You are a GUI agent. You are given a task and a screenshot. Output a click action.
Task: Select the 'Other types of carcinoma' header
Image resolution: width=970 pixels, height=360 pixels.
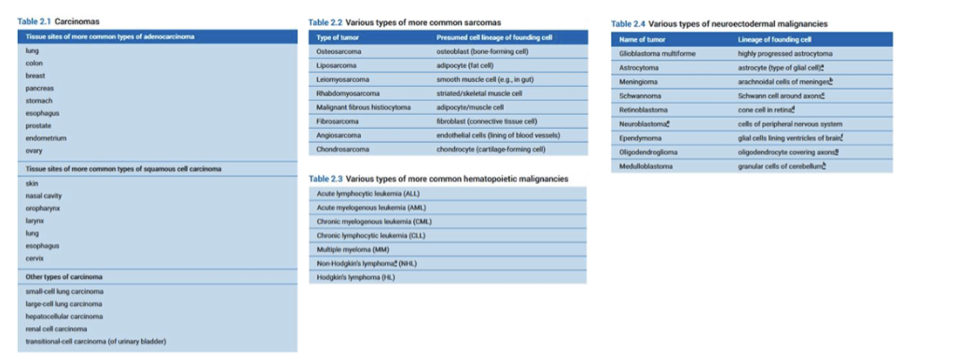(64, 277)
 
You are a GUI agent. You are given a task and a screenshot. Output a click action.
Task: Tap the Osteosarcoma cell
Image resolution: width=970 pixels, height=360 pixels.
(339, 51)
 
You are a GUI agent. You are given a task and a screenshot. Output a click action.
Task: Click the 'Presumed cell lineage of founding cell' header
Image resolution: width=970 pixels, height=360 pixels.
(494, 37)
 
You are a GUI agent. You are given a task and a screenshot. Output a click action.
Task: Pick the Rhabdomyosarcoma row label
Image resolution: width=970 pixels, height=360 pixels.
(348, 93)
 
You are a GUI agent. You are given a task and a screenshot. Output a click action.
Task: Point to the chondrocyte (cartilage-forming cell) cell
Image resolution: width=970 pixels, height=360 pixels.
(491, 149)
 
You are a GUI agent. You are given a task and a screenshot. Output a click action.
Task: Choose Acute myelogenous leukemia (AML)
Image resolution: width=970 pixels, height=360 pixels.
(371, 207)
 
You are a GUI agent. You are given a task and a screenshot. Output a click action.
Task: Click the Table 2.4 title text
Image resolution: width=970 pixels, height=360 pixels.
(719, 23)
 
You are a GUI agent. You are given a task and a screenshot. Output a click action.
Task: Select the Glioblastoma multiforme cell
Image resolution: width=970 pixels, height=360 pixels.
(657, 54)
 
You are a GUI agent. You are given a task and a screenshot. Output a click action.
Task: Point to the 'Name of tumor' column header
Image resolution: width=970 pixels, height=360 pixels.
(642, 40)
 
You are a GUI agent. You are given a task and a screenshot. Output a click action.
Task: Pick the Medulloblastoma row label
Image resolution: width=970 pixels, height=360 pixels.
(646, 166)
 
